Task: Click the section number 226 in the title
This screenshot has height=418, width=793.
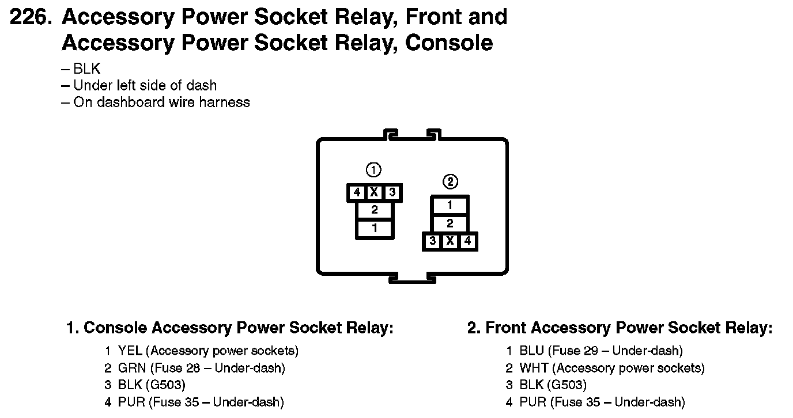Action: coord(31,17)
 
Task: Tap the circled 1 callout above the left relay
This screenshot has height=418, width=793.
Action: coord(373,170)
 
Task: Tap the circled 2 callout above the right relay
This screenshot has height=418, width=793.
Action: coord(450,182)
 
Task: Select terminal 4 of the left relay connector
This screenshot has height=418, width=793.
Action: coord(357,192)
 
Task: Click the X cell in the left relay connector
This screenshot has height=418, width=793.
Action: coord(374,192)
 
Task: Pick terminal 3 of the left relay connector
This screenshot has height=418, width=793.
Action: coord(392,192)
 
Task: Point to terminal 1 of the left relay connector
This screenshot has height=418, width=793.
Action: coord(375,229)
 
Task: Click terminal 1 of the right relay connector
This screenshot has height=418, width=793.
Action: coord(450,205)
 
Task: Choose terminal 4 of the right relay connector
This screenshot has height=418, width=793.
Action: coord(467,241)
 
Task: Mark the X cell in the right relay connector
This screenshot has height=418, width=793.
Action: coord(450,241)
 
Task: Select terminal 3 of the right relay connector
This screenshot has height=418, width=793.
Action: coord(433,241)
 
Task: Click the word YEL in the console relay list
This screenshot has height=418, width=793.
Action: coord(130,351)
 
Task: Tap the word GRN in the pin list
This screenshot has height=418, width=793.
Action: coord(132,368)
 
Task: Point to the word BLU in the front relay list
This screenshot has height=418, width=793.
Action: coord(531,351)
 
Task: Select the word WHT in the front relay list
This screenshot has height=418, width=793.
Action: coord(534,368)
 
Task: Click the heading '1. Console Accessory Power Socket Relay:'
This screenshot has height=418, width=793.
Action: coord(230,328)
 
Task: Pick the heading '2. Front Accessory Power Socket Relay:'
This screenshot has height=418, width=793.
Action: coord(620,328)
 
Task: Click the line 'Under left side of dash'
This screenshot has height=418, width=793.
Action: coord(145,86)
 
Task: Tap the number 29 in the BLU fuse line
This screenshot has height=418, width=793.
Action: coord(591,351)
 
